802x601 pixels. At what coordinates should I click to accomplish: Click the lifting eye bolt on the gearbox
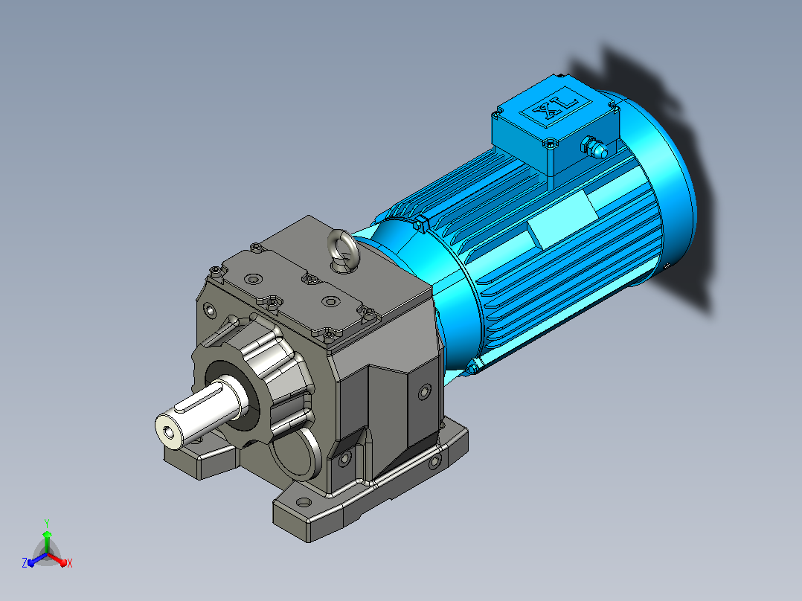[x=341, y=245]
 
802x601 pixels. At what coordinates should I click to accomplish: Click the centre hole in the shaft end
[x=170, y=434]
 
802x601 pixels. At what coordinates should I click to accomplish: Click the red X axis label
[x=70, y=563]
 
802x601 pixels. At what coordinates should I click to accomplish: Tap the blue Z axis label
[x=25, y=562]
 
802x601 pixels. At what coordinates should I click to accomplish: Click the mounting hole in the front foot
[x=304, y=502]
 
